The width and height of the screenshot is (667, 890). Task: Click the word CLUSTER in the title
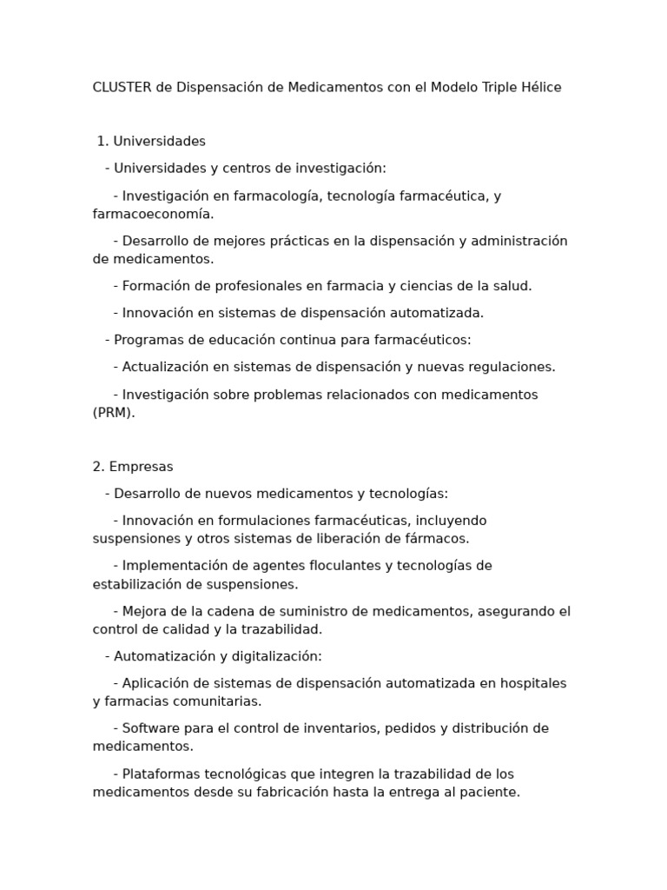(x=122, y=88)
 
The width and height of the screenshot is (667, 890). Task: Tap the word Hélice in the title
(x=540, y=88)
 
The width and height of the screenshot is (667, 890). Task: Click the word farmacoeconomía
(x=152, y=214)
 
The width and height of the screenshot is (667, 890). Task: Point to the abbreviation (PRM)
(x=114, y=413)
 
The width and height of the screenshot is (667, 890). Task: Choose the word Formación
(x=156, y=286)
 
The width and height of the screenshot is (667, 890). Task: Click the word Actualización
(x=165, y=367)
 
